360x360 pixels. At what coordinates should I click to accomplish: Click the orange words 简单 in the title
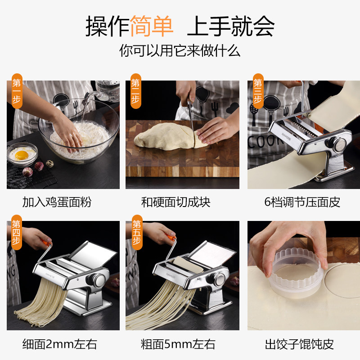[152, 26]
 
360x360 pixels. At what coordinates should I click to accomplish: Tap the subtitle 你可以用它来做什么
[180, 50]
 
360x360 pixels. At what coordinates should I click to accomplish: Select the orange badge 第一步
[17, 91]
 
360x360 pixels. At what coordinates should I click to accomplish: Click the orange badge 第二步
[136, 91]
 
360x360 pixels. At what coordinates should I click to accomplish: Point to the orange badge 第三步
[258, 91]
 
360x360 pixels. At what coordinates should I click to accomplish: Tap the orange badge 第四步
[17, 232]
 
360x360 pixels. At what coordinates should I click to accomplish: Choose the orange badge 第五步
[137, 232]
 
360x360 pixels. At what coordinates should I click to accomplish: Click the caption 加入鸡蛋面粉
[57, 202]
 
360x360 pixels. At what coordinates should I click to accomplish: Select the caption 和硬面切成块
[175, 202]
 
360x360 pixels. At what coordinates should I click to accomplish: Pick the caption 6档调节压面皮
[302, 202]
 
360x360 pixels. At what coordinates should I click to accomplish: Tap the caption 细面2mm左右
[59, 344]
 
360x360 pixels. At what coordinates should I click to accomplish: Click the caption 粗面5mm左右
[178, 344]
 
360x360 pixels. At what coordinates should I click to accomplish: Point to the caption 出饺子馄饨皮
[299, 344]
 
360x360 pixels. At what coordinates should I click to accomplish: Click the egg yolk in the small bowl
[22, 155]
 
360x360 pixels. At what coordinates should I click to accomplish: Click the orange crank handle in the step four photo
[46, 242]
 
